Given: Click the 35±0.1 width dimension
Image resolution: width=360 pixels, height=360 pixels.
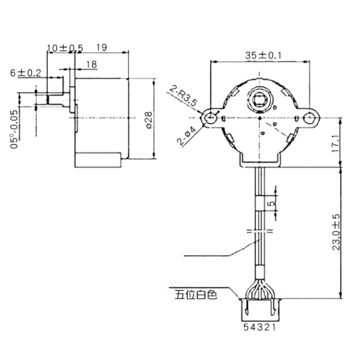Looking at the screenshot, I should (263, 55).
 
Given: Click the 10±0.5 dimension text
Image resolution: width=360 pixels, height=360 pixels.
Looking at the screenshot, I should (66, 48).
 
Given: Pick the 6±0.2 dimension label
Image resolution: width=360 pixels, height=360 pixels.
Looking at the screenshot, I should (26, 72).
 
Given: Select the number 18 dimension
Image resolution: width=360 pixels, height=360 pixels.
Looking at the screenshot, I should (90, 65).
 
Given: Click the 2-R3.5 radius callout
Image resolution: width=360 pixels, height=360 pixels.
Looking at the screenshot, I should (184, 96).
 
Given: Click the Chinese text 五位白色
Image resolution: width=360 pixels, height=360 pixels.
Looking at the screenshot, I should (196, 295).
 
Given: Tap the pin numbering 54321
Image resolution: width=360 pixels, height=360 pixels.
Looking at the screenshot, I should (261, 327).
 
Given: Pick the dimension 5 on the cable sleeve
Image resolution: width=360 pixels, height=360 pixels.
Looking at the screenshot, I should (271, 203).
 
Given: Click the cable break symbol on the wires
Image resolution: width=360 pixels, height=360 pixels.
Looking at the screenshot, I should (260, 232).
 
